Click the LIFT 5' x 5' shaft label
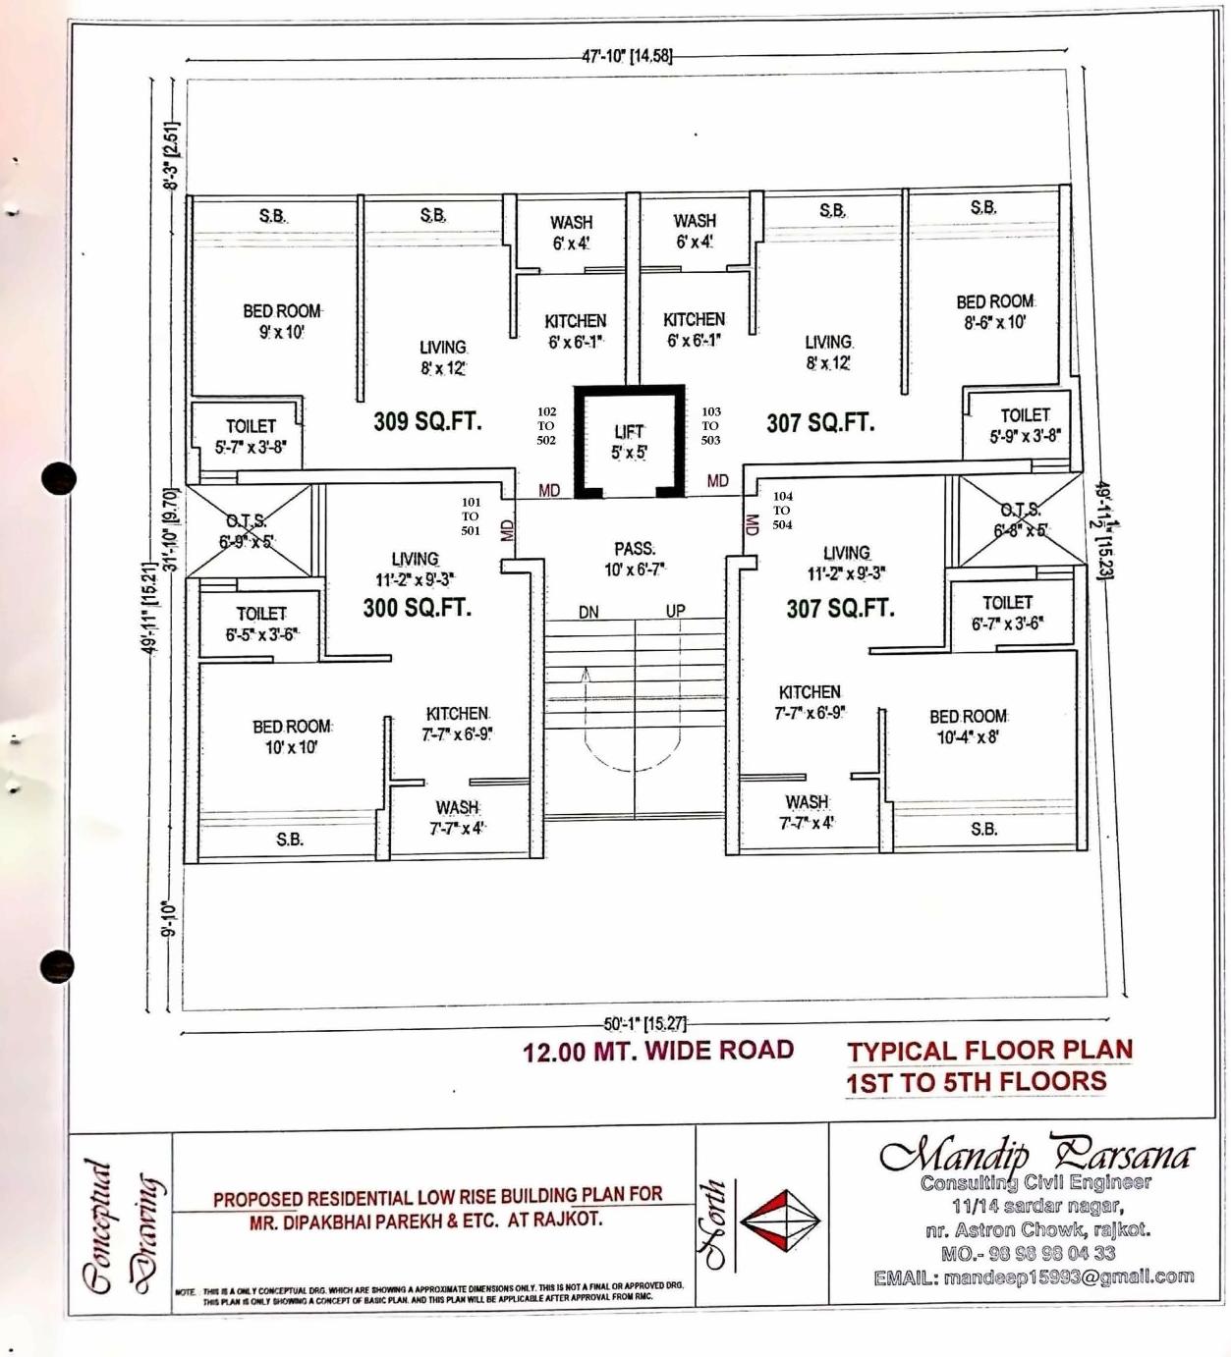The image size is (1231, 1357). coord(629,442)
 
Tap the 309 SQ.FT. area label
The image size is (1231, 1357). coord(427,422)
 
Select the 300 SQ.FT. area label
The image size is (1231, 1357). coord(418,608)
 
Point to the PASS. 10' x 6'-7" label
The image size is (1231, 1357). coord(635,559)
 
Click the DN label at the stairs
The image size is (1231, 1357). coord(588,613)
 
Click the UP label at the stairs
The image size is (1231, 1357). coord(676,611)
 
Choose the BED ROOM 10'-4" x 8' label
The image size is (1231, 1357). coord(968,727)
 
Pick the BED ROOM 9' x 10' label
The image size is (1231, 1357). coord(282,321)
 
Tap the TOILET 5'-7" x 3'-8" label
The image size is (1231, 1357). coord(251,436)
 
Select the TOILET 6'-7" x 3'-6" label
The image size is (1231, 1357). coord(1007,613)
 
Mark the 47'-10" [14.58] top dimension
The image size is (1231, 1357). coord(627,56)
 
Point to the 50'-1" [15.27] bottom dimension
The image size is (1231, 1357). coord(645,1023)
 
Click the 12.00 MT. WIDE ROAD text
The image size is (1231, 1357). coord(657,1052)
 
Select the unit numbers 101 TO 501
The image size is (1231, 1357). coord(471,516)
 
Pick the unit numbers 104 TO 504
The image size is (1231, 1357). coord(782,511)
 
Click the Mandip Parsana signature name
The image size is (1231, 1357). coord(1036,1155)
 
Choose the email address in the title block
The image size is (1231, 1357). coord(1034,1277)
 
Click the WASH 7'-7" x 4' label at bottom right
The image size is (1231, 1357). coord(807,813)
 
